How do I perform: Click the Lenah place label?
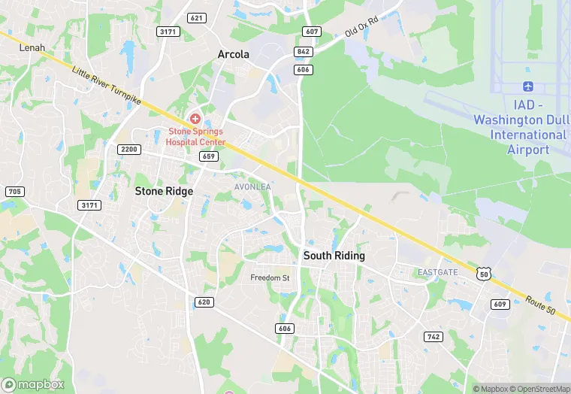32,47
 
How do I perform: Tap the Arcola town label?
233,54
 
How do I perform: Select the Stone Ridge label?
164,191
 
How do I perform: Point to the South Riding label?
334,256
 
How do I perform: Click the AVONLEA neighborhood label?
252,186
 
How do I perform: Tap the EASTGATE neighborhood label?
437,271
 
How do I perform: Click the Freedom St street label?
270,278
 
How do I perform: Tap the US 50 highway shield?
483,274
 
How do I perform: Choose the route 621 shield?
197,17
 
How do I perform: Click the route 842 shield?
304,51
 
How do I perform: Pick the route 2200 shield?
128,150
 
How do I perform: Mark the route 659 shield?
210,156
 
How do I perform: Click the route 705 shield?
14,192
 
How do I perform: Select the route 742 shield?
433,336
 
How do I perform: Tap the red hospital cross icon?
195,119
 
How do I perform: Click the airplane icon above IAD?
528,88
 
